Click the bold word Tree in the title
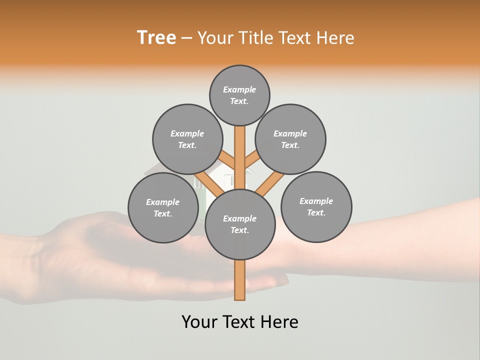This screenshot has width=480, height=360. click(156, 38)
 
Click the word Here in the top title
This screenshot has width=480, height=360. click(337, 38)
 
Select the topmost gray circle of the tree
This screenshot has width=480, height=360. click(239, 95)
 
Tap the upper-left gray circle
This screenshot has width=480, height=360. click(187, 139)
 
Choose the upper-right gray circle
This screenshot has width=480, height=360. click(290, 139)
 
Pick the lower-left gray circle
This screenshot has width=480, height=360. click(163, 207)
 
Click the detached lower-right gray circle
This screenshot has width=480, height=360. click(316, 206)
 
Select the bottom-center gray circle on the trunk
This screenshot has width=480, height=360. click(240, 224)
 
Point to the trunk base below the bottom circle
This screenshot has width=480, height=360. click(240, 280)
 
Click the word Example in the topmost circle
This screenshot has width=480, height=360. click(239, 90)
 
